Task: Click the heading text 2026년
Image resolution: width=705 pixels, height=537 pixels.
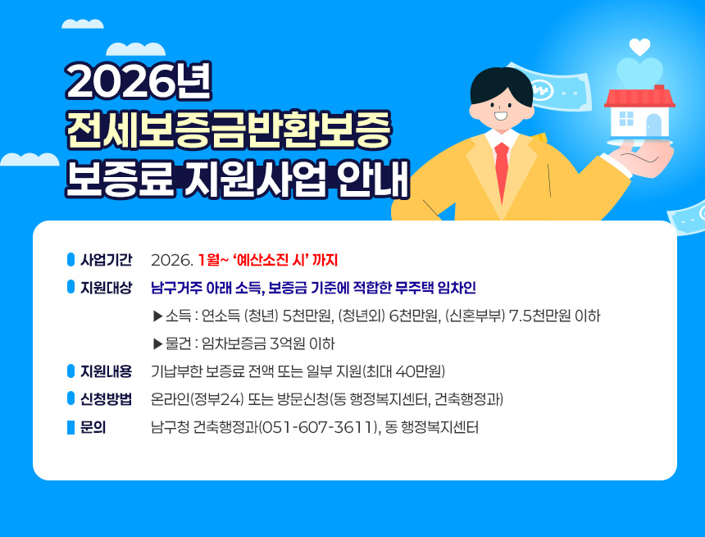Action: tap(139, 81)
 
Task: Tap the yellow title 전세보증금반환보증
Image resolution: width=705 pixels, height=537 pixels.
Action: tap(230, 130)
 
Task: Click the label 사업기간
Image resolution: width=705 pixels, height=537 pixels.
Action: tap(106, 261)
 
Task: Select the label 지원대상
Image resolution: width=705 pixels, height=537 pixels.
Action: tap(106, 288)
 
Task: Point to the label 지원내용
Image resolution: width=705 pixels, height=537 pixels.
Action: tap(106, 371)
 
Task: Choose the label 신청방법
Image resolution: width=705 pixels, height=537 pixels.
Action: tap(106, 399)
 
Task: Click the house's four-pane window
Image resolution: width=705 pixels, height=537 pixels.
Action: tap(626, 120)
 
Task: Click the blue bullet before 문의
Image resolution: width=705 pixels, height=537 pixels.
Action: tap(70, 427)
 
